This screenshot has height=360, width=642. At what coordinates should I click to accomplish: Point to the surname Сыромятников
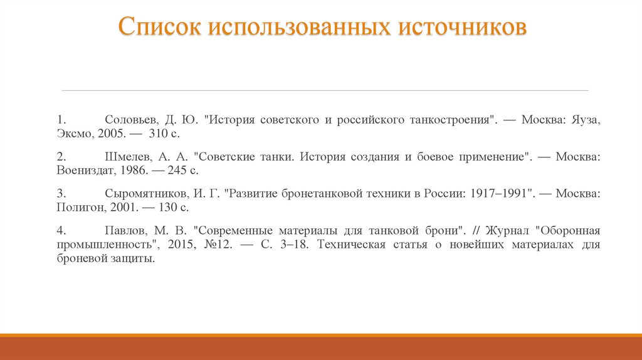pyautogui.click(x=144, y=193)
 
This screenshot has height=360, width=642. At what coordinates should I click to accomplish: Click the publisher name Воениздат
pyautogui.click(x=80, y=170)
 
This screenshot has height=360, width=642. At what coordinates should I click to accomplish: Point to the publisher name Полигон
pyautogui.click(x=77, y=207)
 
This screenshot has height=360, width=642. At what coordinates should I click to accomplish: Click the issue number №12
pyautogui.click(x=219, y=244)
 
